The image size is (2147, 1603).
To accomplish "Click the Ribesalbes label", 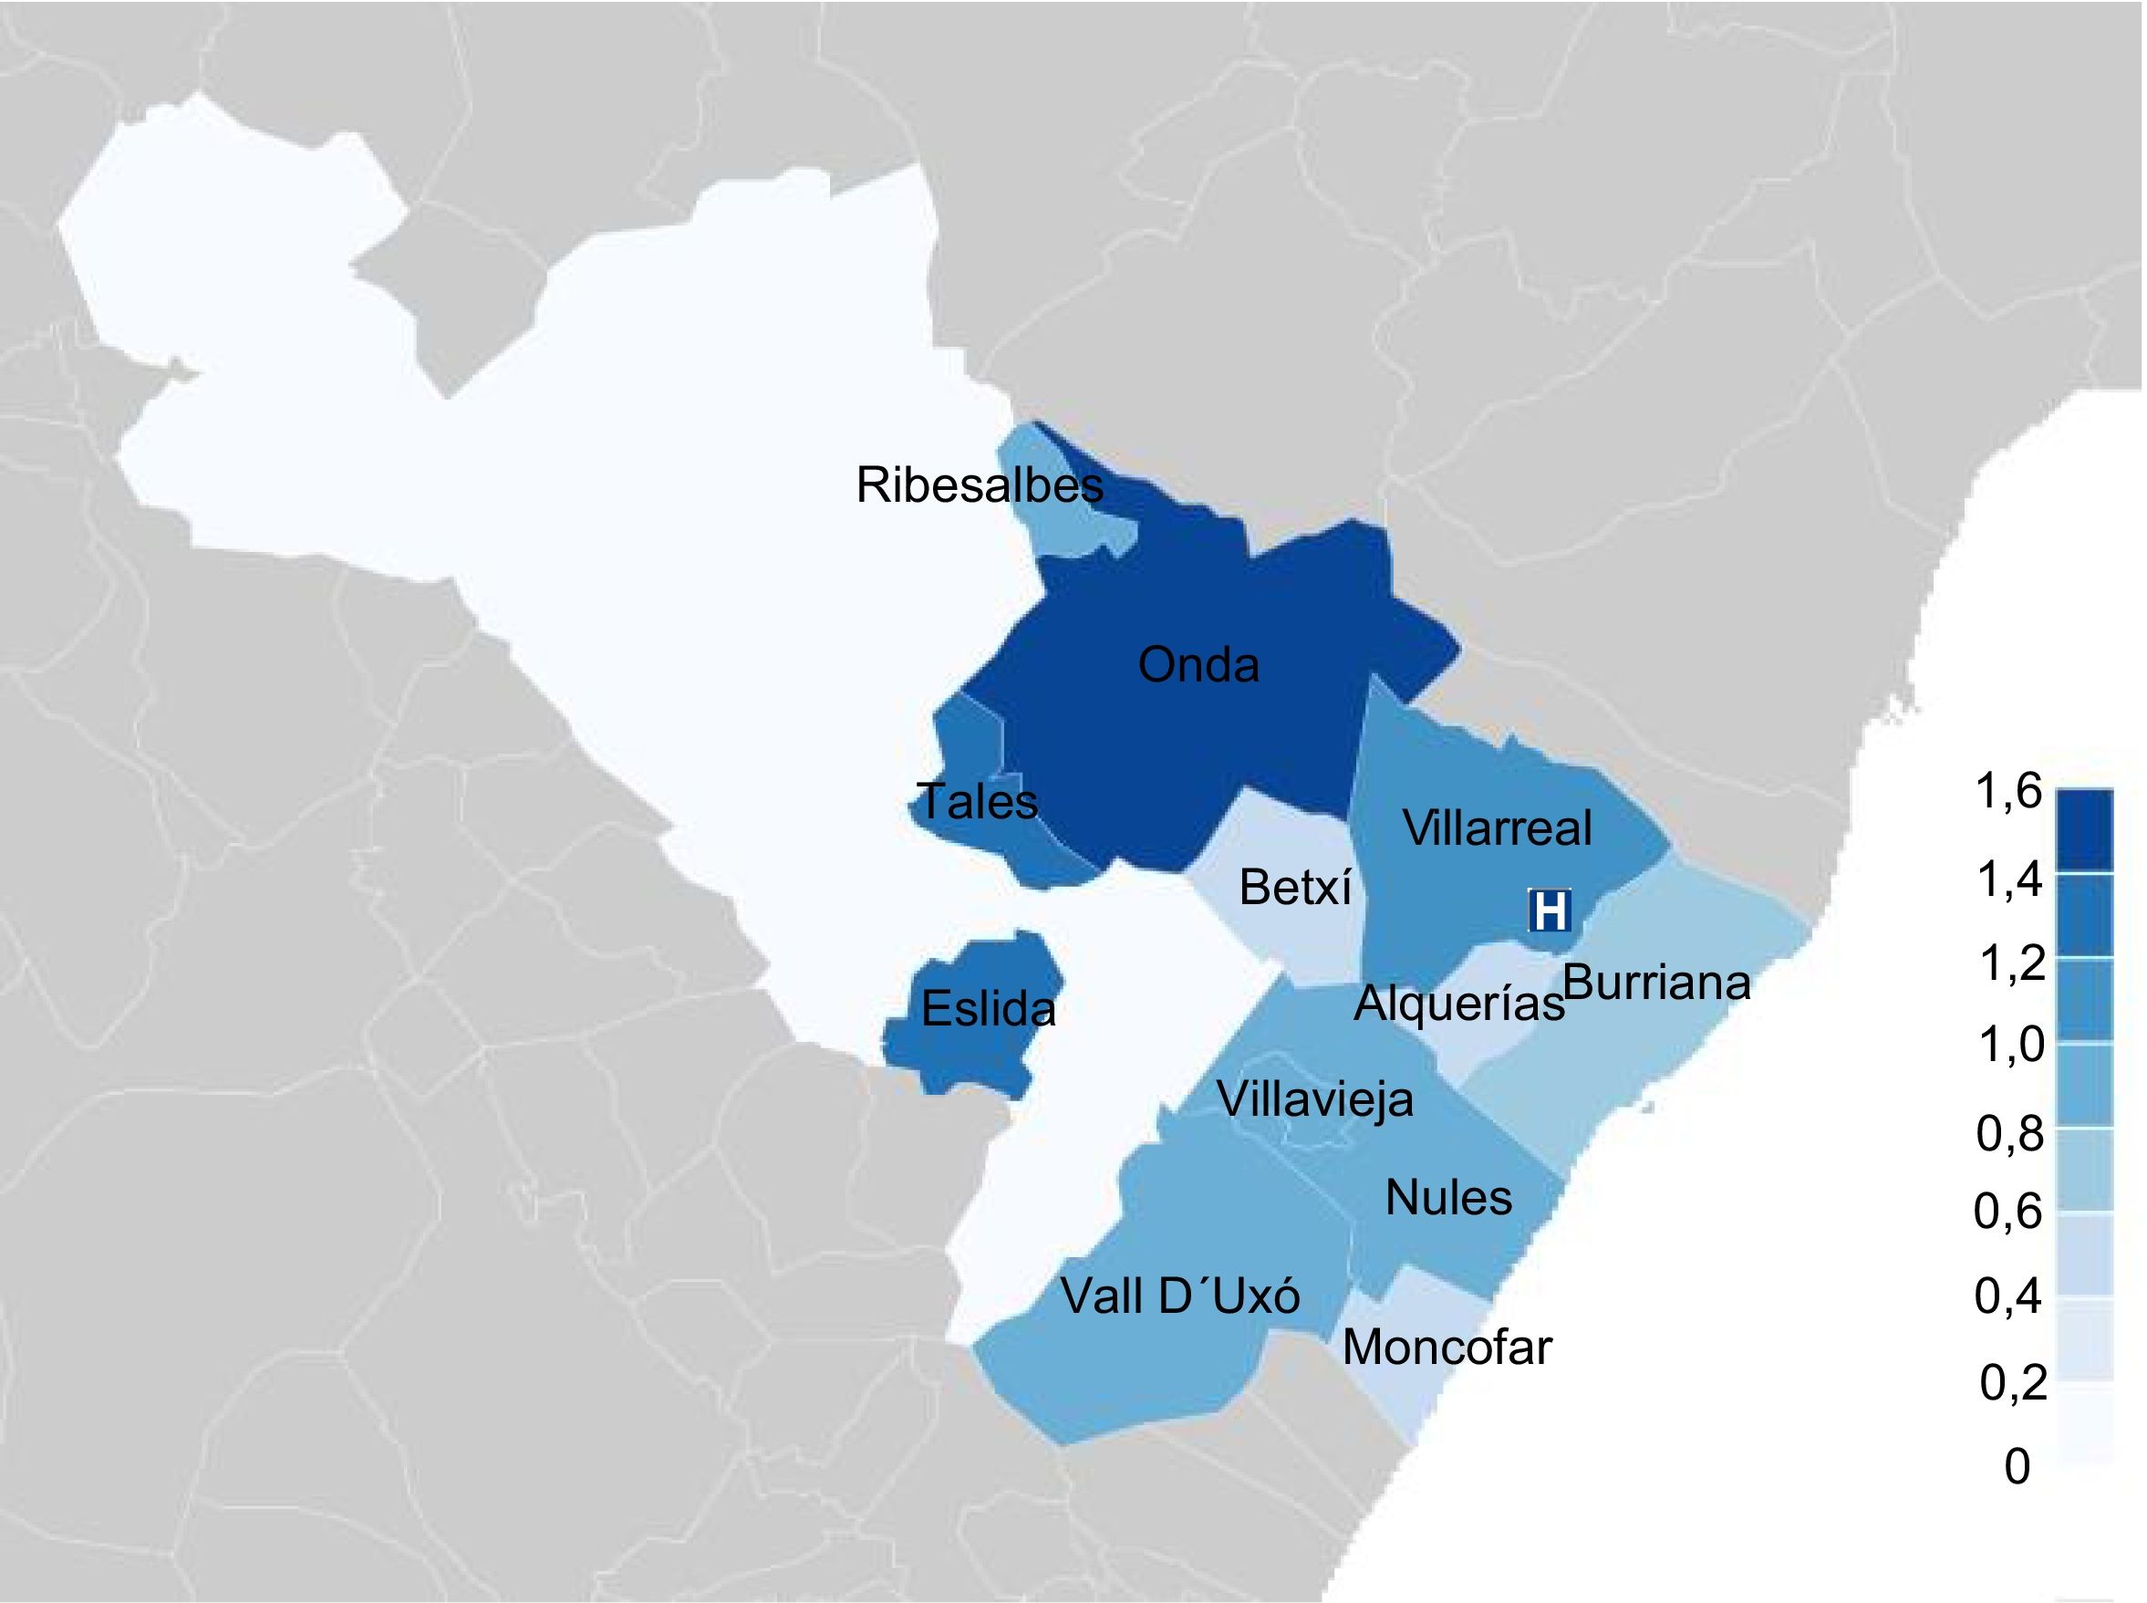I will (x=979, y=485).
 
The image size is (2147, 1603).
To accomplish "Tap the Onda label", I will (x=1198, y=666).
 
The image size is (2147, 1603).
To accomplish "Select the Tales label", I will (x=977, y=801).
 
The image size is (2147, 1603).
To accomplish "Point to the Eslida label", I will (x=988, y=1008).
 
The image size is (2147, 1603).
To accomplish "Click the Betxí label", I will (x=1295, y=887).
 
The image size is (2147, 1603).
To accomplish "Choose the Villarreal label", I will (x=1498, y=828).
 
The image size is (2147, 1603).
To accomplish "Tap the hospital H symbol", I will (x=1550, y=911).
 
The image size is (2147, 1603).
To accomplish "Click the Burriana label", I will (x=1657, y=983).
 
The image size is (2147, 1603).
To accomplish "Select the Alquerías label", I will (x=1459, y=1004).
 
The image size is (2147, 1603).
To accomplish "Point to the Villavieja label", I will (x=1314, y=1099).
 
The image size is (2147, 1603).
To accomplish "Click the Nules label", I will (x=1448, y=1197).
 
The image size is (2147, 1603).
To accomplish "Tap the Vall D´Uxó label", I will (x=1179, y=1296).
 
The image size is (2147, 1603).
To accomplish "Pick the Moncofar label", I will (x=1447, y=1347).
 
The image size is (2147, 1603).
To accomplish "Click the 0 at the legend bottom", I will (x=2016, y=1467).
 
